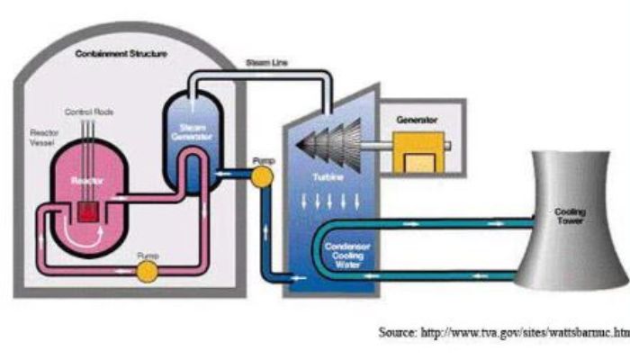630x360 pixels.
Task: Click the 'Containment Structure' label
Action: [x=121, y=54]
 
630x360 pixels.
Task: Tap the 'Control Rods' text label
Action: [x=85, y=112]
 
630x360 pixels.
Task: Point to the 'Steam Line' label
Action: [x=266, y=63]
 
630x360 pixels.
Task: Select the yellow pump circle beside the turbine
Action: [x=262, y=175]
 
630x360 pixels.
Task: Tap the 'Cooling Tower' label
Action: [x=571, y=217]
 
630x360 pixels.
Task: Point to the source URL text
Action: [x=504, y=333]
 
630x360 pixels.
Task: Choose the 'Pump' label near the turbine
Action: [x=263, y=161]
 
